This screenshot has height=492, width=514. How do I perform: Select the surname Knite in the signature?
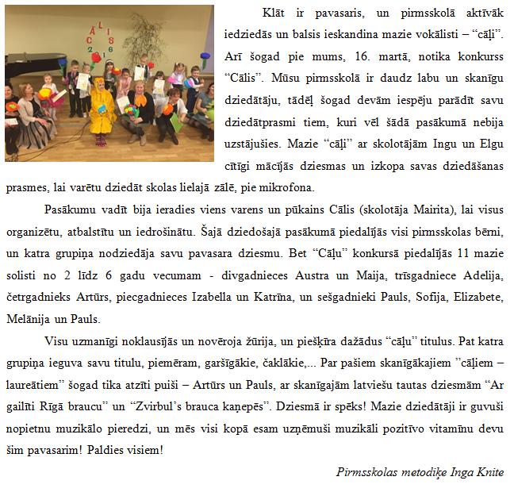[x=485, y=471]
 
